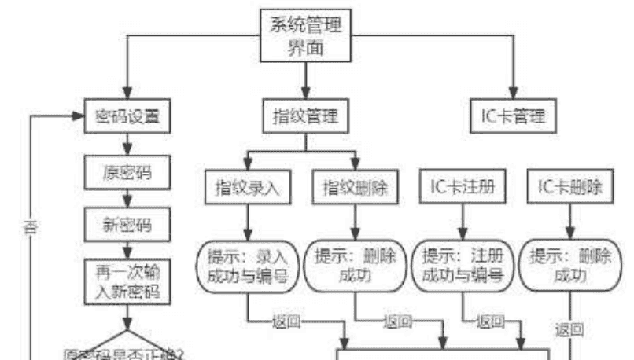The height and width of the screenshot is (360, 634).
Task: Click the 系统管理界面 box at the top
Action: [306, 36]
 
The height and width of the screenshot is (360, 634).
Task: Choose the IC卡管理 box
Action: [513, 116]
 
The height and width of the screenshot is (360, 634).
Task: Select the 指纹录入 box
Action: [248, 187]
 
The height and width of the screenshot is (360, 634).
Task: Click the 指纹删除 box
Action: [356, 187]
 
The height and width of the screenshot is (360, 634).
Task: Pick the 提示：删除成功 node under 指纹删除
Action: [356, 265]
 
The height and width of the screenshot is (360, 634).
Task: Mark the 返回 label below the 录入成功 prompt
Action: [284, 321]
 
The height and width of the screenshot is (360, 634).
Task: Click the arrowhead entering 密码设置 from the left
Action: [78, 116]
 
